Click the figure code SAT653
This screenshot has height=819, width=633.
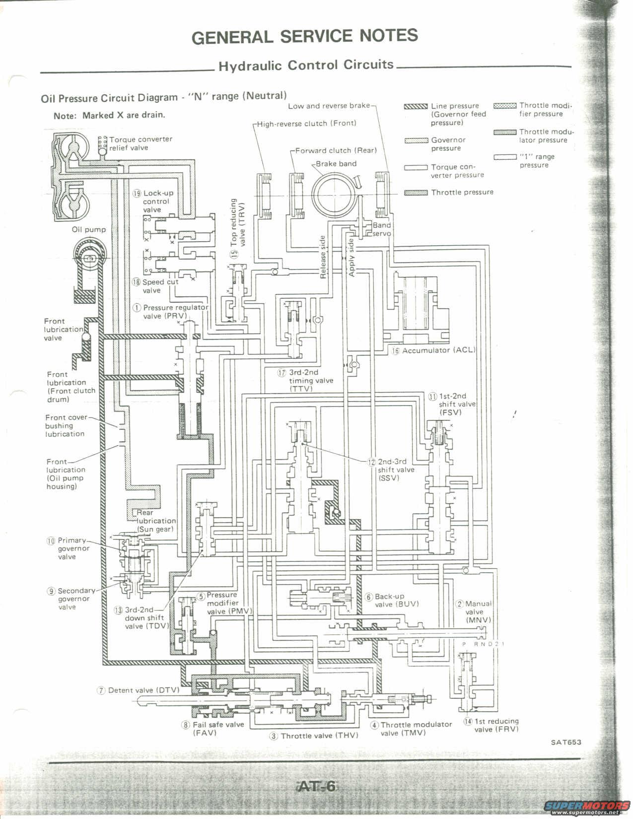pos(565,743)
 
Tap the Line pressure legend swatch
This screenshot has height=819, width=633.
pos(416,106)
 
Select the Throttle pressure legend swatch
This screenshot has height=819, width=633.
pos(416,193)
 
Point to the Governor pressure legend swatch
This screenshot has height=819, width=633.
pos(416,140)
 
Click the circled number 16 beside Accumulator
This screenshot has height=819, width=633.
pos(396,350)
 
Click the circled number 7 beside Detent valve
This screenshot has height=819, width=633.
pos(101,690)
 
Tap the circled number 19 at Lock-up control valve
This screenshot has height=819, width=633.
pos(137,193)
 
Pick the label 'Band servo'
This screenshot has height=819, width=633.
pos(382,229)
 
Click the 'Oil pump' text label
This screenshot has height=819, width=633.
pos(89,230)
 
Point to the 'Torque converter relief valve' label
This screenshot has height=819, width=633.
pos(141,143)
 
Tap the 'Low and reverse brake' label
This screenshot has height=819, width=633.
pos(329,106)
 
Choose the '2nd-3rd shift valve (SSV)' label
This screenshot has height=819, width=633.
pos(395,469)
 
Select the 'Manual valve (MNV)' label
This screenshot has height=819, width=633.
pos(478,612)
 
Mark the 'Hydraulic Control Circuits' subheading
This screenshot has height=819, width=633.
pos(306,66)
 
